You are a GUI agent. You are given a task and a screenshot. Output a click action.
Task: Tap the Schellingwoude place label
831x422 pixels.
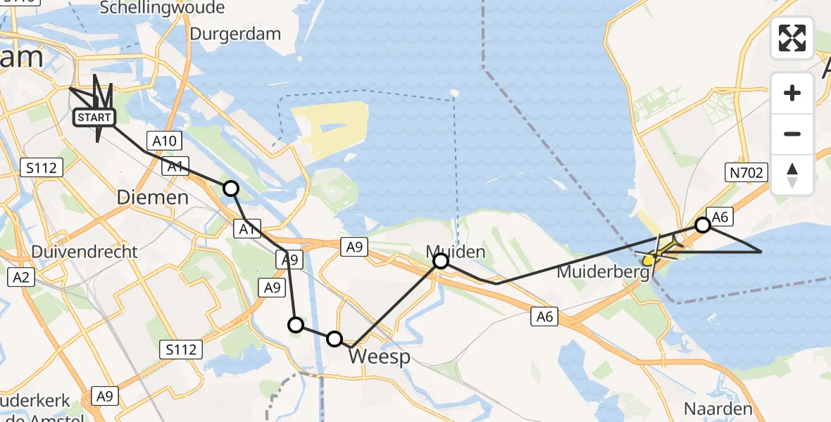pyautogui.click(x=163, y=8)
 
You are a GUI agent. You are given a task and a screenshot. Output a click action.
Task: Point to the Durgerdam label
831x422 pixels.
pyautogui.click(x=235, y=34)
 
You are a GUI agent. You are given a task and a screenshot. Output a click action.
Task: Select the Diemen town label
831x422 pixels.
pyautogui.click(x=153, y=197)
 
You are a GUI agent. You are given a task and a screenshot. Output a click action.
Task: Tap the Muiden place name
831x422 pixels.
pyautogui.click(x=455, y=251)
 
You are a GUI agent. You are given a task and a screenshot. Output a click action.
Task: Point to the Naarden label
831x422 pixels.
pyautogui.click(x=718, y=409)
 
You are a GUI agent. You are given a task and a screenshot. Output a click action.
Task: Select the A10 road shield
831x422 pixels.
pyautogui.click(x=164, y=141)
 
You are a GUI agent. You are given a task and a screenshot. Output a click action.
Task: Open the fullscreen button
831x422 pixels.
pyautogui.click(x=792, y=38)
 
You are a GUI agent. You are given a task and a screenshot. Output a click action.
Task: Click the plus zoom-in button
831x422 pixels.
pyautogui.click(x=792, y=93)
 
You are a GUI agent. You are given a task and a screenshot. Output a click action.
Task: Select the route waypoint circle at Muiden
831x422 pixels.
pyautogui.click(x=440, y=262)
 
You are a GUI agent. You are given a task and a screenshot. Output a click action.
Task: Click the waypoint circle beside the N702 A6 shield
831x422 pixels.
pyautogui.click(x=703, y=225)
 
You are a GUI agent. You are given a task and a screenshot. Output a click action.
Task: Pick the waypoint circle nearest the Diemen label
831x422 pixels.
pyautogui.click(x=230, y=188)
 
